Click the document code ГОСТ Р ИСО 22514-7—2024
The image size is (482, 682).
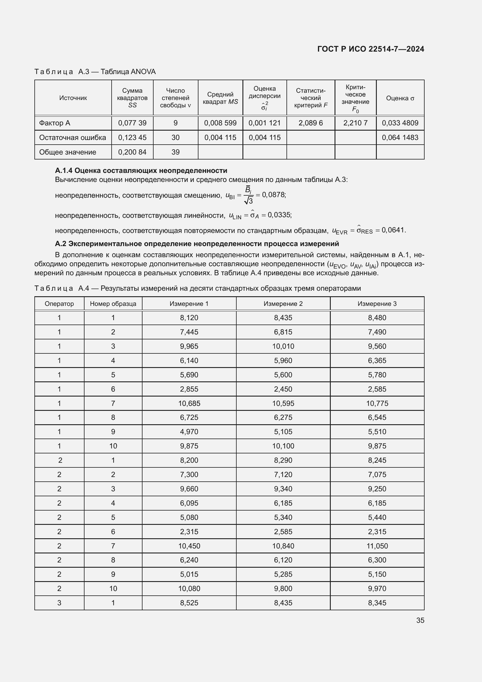point(370,49)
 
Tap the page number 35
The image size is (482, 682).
point(420,620)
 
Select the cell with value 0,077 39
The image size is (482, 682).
point(132,123)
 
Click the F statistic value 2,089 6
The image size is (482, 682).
point(310,123)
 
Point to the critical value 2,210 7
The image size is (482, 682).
point(355,123)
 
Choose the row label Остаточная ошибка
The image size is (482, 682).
point(73,138)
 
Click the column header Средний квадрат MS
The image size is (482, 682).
point(220,98)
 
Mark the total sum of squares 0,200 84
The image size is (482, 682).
point(132,152)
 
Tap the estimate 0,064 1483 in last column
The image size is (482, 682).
point(400,138)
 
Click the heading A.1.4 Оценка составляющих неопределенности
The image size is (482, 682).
point(141,171)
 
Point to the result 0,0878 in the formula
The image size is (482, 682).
point(273,195)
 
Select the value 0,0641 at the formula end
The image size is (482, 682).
point(393,230)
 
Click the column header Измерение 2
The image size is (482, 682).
point(283,304)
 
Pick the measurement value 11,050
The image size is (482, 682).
point(377,546)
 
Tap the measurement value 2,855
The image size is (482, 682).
point(189,389)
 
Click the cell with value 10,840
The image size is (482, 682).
point(283,546)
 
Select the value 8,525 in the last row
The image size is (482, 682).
point(189,603)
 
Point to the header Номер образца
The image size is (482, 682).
point(113,304)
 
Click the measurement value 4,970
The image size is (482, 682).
point(189,432)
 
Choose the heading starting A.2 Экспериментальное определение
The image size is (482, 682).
point(197,244)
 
